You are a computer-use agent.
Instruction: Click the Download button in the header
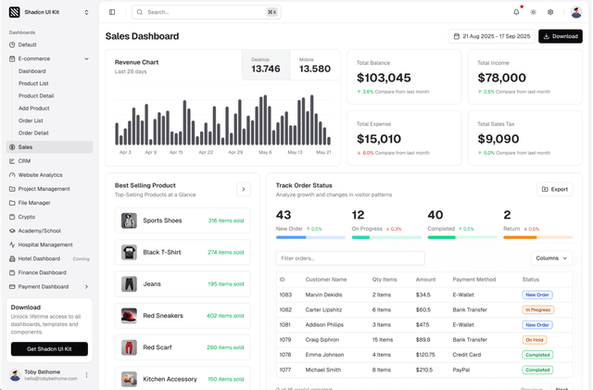pyautogui.click(x=561, y=36)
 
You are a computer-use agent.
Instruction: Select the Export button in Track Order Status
pyautogui.click(x=555, y=189)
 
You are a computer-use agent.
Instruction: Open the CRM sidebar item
pyautogui.click(x=24, y=160)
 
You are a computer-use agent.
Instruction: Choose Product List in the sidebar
pyautogui.click(x=33, y=83)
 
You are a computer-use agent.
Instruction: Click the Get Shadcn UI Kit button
pyautogui.click(x=49, y=349)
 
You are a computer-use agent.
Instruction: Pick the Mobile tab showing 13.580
pyautogui.click(x=315, y=65)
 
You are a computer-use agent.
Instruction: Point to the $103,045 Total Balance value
pyautogui.click(x=384, y=78)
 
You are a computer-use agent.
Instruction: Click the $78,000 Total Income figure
pyautogui.click(x=501, y=78)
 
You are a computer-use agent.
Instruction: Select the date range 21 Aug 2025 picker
pyautogui.click(x=490, y=36)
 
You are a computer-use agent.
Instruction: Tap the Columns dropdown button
pyautogui.click(x=552, y=258)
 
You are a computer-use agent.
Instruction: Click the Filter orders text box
pyautogui.click(x=350, y=258)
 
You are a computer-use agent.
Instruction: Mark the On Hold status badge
pyautogui.click(x=534, y=340)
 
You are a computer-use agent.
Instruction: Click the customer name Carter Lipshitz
pyautogui.click(x=325, y=309)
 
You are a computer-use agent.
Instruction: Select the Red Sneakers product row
pyautogui.click(x=183, y=316)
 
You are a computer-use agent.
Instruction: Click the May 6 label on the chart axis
pyautogui.click(x=265, y=152)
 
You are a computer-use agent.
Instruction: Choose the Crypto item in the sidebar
pyautogui.click(x=26, y=216)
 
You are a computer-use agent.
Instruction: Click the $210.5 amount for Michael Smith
pyautogui.click(x=424, y=370)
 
